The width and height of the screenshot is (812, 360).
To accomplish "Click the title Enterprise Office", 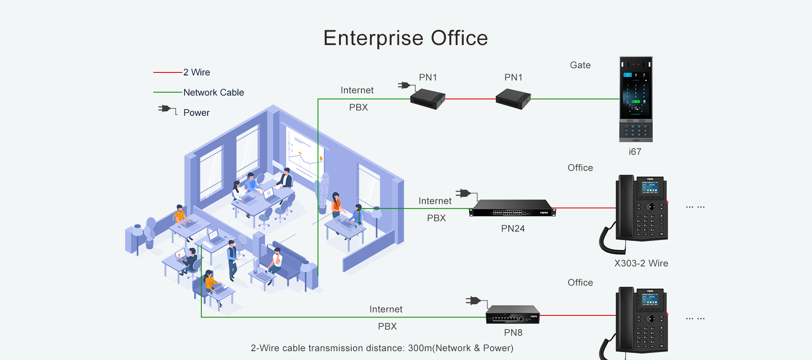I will click(x=406, y=38).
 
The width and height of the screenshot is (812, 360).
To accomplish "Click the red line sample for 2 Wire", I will click(x=168, y=72).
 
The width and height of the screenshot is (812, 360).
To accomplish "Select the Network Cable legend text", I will click(x=214, y=93).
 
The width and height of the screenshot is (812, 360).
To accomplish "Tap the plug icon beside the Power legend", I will click(x=165, y=109).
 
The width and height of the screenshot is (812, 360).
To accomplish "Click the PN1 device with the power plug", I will click(x=427, y=99).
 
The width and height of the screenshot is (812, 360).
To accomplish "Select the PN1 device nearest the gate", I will click(x=513, y=99).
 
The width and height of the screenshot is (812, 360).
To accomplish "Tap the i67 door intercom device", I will click(x=636, y=99).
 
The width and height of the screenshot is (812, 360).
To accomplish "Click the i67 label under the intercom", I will click(x=635, y=152).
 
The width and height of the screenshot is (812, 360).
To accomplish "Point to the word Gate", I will click(x=580, y=65).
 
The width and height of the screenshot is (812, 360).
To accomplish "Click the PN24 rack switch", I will click(x=513, y=208).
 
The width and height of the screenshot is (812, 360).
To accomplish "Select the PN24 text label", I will click(x=513, y=229).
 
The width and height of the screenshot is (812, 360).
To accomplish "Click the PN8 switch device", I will click(x=513, y=315).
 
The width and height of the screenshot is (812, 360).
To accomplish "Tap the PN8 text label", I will click(x=513, y=333).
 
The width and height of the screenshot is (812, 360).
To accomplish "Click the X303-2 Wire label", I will click(x=641, y=264).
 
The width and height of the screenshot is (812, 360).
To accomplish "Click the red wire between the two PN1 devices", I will click(x=470, y=99).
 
